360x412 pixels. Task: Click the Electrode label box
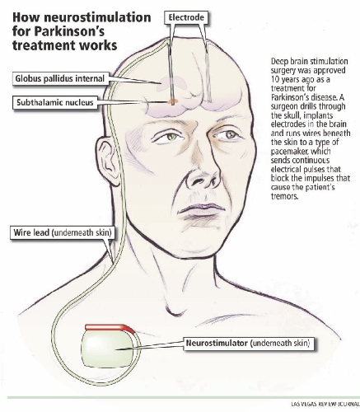click(186, 17)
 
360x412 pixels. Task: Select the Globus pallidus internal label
click(60, 78)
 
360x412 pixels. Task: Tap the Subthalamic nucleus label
click(55, 102)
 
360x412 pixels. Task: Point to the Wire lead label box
click(63, 232)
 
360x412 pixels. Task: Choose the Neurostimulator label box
click(248, 343)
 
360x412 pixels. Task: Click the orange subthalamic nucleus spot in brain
click(172, 101)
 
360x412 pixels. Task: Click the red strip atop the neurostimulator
click(110, 327)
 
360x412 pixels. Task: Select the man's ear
click(109, 162)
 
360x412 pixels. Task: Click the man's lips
click(201, 211)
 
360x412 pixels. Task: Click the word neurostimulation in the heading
click(97, 18)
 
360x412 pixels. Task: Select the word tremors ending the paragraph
click(284, 196)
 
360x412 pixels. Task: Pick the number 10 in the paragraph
click(275, 79)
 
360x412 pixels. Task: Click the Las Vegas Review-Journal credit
click(325, 404)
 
